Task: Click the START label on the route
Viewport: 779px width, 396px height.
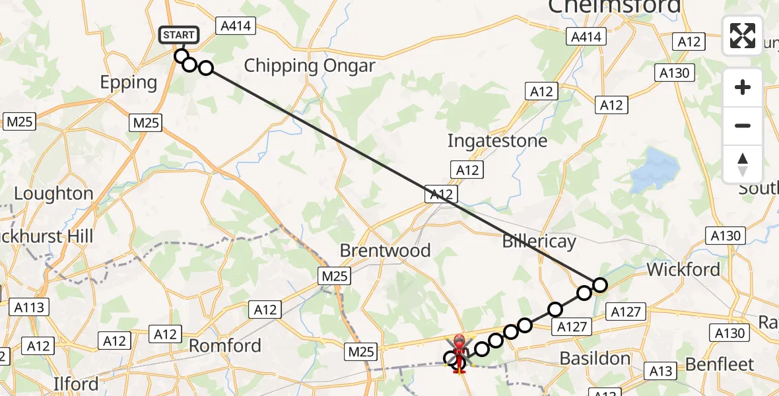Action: pyautogui.click(x=178, y=35)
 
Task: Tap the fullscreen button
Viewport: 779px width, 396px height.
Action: pyautogui.click(x=743, y=36)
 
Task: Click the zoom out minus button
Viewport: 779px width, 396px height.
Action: pyautogui.click(x=743, y=125)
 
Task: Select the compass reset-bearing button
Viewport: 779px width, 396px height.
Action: pyautogui.click(x=743, y=164)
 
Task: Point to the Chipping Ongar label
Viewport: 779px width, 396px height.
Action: pyautogui.click(x=309, y=66)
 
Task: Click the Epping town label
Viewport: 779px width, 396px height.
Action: pyautogui.click(x=129, y=82)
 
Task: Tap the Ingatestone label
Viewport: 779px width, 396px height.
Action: pyautogui.click(x=497, y=141)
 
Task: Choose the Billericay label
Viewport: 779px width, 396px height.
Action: pyautogui.click(x=539, y=242)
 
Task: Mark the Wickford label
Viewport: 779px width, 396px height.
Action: pyautogui.click(x=683, y=269)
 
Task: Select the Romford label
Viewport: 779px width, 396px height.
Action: pyautogui.click(x=225, y=345)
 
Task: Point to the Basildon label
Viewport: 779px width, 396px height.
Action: pyautogui.click(x=595, y=358)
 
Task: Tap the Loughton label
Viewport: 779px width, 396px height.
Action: pyautogui.click(x=53, y=193)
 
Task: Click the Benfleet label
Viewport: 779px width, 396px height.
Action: pyautogui.click(x=720, y=364)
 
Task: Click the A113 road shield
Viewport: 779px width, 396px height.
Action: pyautogui.click(x=28, y=307)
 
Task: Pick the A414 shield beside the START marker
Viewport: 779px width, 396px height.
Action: pyautogui.click(x=235, y=26)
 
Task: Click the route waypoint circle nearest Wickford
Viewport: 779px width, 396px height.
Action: pyautogui.click(x=599, y=285)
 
